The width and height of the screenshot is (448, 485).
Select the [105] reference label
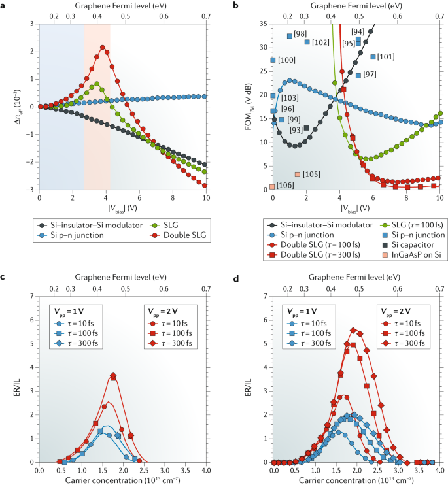coord(311,175)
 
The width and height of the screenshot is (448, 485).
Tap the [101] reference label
coord(386,57)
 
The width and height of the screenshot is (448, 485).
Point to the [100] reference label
coord(286,60)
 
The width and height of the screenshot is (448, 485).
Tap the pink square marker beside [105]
coord(297,175)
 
